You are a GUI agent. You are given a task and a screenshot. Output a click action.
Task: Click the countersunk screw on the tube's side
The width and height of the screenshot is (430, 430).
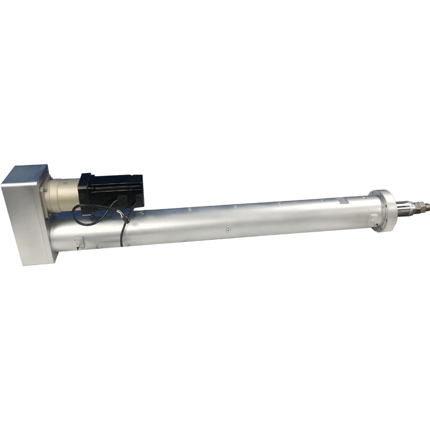click(227, 231)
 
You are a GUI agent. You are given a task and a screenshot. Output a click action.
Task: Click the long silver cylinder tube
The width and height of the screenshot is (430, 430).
click(242, 220)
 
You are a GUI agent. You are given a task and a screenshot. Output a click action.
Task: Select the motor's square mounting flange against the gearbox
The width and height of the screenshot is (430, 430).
click(83, 185)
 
